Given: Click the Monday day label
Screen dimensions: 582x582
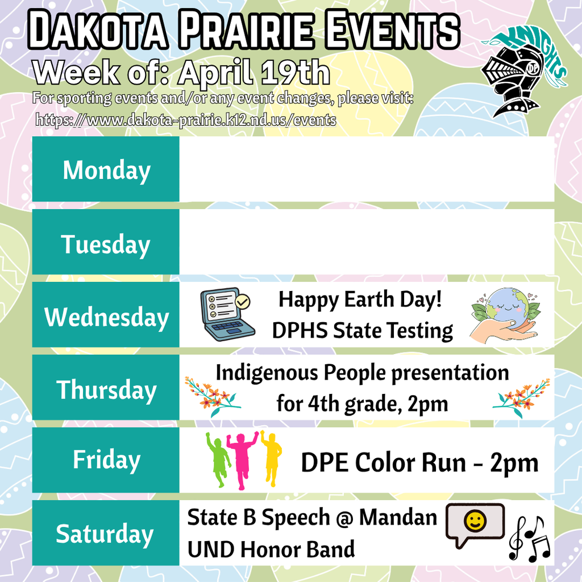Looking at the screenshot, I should [x=106, y=171].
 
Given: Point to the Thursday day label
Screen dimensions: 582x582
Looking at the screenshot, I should [x=106, y=390].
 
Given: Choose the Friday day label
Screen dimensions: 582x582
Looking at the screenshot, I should [x=106, y=460].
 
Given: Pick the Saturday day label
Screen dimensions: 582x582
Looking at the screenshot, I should [x=105, y=534].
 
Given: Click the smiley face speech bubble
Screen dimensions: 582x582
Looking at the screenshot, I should [x=474, y=523].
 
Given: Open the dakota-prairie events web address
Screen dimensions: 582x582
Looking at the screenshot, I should [x=186, y=120].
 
